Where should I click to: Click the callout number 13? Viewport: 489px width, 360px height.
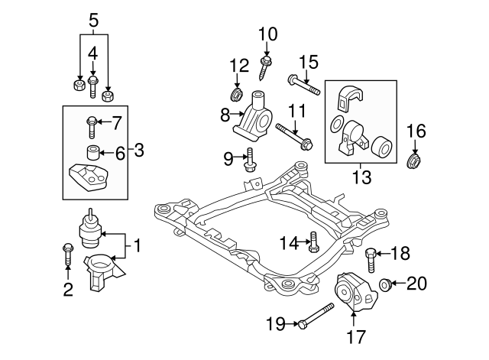361,177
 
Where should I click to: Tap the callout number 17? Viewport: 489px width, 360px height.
357,335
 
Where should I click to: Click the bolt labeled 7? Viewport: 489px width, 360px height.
91,123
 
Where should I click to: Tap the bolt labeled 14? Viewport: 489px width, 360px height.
313,243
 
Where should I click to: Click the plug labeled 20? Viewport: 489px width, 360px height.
387,285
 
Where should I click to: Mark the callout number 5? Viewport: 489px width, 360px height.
92,20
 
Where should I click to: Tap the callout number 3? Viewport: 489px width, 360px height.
138,151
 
